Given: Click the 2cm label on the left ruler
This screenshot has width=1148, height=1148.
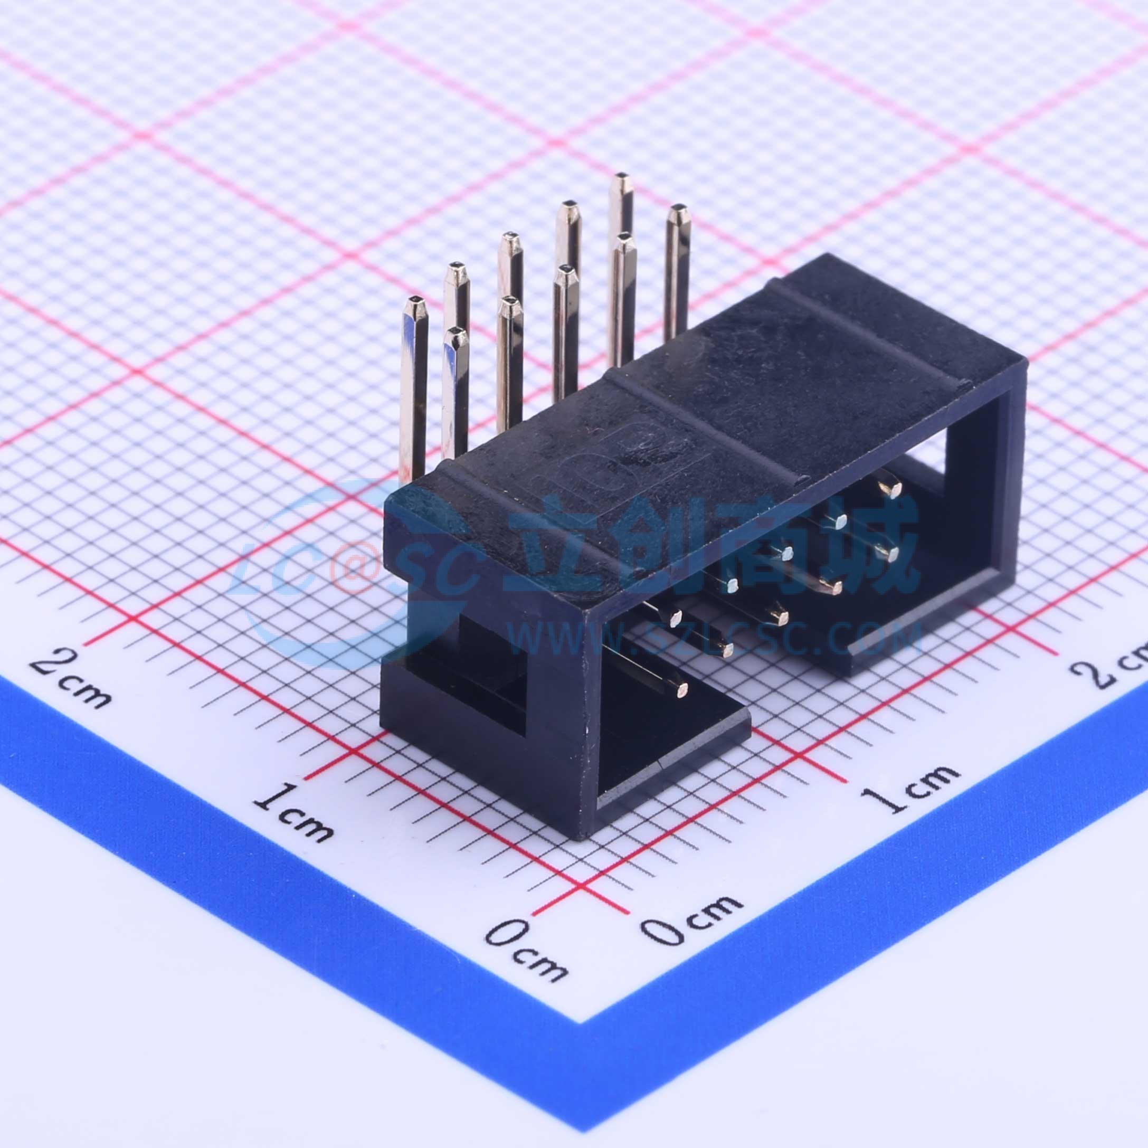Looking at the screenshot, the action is coord(70,679).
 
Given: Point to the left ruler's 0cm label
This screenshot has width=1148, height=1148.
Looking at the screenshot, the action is coord(526,951).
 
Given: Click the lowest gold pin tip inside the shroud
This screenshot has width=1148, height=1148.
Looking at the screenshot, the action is coord(681,690).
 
